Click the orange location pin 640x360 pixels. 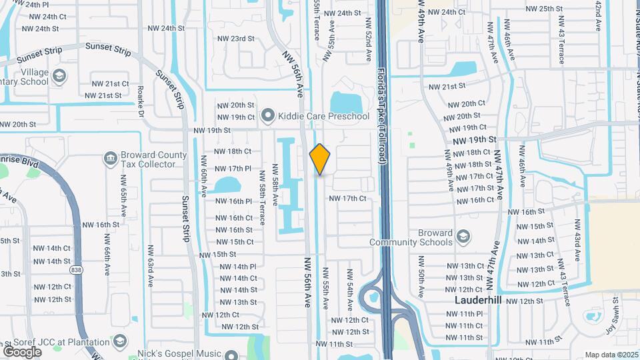pyautogui.click(x=320, y=159)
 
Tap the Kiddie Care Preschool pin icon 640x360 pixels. pyautogui.click(x=268, y=117)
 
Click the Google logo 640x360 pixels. pyautogui.click(x=22, y=351)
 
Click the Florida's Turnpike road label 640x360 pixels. pyautogui.click(x=382, y=107)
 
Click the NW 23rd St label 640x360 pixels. pyautogui.click(x=236, y=39)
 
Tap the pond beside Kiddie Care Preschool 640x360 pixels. pyautogui.click(x=345, y=101)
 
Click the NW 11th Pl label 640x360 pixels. pyautogui.click(x=465, y=314)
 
